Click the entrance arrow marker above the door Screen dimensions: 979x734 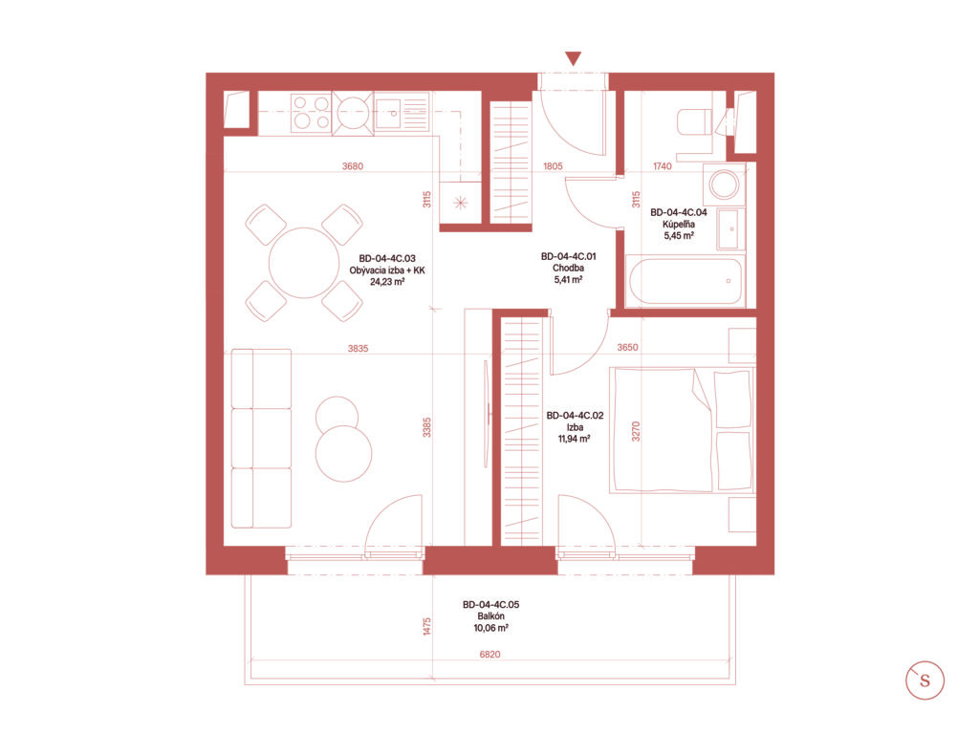click(574, 58)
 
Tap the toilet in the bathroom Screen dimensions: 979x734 click(694, 121)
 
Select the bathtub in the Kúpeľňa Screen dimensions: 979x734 click(685, 281)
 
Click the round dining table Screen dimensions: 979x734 click(304, 263)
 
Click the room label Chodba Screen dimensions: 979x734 click(568, 269)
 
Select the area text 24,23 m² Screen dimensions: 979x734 click(387, 282)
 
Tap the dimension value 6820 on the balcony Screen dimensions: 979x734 click(490, 654)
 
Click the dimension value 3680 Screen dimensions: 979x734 click(353, 166)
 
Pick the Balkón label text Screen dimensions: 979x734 click(490, 616)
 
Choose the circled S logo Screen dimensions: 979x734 click(925, 680)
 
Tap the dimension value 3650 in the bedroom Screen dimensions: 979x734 click(627, 347)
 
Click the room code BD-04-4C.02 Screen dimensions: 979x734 click(575, 416)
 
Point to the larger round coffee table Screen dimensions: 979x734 click(343, 453)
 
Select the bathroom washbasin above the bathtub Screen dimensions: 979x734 click(730, 229)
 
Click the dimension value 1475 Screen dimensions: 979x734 click(427, 627)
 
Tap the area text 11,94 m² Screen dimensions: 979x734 click(575, 439)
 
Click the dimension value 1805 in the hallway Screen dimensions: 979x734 click(553, 166)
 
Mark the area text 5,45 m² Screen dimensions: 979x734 click(679, 236)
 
